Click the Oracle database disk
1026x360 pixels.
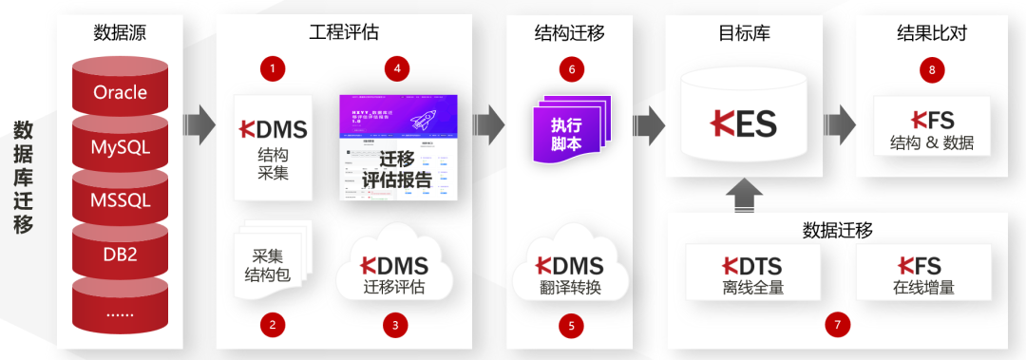click(121, 93)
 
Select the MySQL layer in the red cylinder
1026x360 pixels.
click(121, 147)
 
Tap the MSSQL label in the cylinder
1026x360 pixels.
click(121, 200)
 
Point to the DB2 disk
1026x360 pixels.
click(121, 254)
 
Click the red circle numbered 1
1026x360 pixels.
click(273, 68)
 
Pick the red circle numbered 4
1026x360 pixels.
click(396, 68)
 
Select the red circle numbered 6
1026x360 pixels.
click(571, 68)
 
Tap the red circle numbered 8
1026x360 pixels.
click(932, 68)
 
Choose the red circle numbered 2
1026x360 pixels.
click(273, 325)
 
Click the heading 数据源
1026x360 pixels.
click(121, 32)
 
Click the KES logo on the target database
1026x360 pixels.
click(744, 122)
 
